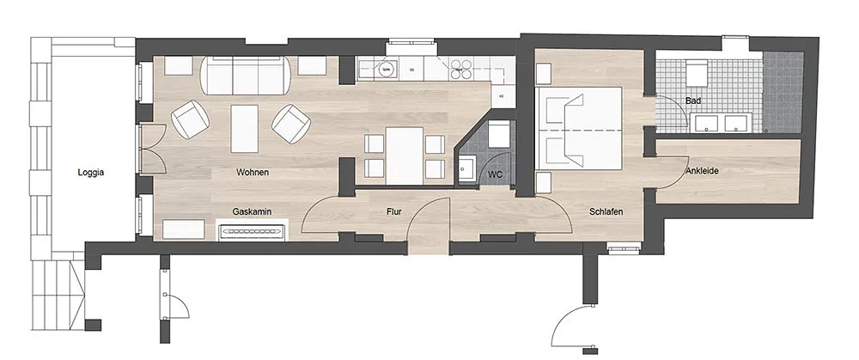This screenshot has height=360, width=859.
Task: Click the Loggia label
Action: (91, 173)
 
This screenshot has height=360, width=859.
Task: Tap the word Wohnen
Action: (253, 173)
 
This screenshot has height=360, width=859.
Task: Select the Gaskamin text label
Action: (252, 211)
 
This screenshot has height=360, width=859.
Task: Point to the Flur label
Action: (394, 211)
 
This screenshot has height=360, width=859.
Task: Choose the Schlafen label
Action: (606, 211)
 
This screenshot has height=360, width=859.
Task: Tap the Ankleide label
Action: (702, 171)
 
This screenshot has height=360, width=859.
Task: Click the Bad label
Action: (693, 101)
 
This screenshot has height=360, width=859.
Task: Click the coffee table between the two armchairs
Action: (244, 129)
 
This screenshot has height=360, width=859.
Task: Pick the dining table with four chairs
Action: (405, 156)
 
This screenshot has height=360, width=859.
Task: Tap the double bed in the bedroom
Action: (580, 128)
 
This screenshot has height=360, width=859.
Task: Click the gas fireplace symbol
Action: (252, 230)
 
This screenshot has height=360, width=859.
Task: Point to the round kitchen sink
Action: (386, 70)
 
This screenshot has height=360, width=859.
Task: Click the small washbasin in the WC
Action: (466, 168)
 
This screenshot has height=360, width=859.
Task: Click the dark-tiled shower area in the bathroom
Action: (783, 92)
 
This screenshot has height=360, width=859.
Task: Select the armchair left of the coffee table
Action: (190, 119)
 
